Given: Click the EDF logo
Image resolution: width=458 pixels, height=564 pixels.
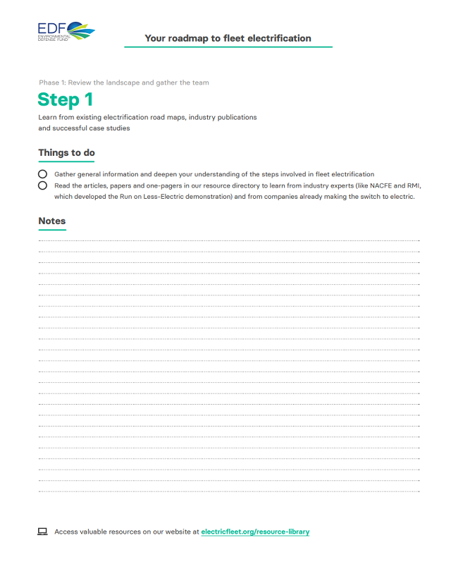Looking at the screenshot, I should pos(66,32).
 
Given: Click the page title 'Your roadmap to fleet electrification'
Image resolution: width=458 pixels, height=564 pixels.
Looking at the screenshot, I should pos(228,38).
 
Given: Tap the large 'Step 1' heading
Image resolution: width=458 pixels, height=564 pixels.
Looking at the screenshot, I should pos(65,99).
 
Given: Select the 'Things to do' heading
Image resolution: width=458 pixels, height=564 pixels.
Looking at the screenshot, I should pos(66,152).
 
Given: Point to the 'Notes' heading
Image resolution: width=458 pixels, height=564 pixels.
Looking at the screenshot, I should pos(51,221).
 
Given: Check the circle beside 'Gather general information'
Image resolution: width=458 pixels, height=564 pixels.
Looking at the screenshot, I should pos(43,174).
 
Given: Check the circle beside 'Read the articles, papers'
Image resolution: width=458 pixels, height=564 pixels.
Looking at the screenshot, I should pos(43,185).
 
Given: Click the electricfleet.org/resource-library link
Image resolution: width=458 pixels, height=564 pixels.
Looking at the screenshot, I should pos(255,532).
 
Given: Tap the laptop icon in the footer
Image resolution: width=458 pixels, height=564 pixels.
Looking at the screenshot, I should pos(42,532).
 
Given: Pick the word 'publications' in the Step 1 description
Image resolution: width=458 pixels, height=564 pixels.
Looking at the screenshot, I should pos(235,117).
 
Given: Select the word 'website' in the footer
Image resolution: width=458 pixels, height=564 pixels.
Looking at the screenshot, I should pos(175,532).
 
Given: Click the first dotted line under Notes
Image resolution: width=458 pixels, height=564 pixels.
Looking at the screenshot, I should pos(229,240).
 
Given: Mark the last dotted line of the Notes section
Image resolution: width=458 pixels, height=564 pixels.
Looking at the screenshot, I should pos(229,491).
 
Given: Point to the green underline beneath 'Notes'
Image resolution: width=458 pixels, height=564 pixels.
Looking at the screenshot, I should pos(51,230).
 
